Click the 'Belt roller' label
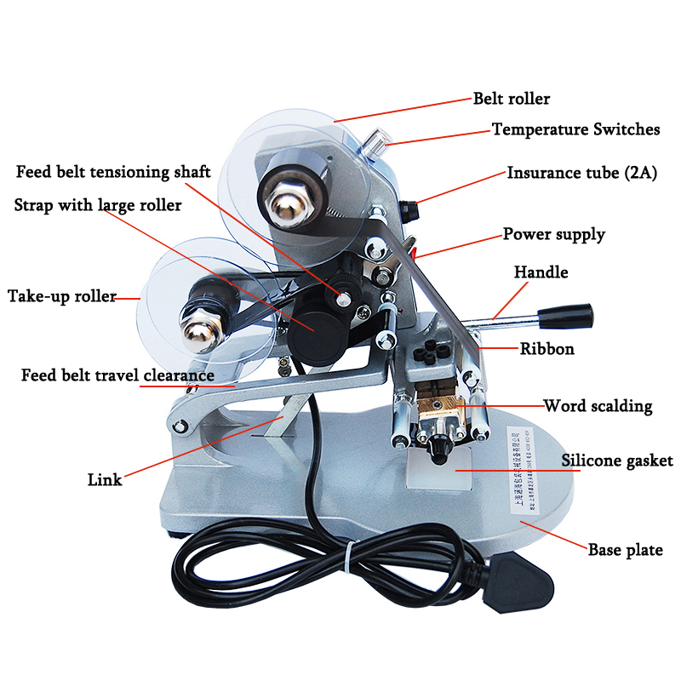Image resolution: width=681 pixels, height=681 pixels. click(512, 99)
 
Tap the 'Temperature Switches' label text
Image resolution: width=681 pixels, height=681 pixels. click(575, 129)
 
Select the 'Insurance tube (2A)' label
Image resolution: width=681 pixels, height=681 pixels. click(582, 173)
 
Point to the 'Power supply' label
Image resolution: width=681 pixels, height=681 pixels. click(554, 235)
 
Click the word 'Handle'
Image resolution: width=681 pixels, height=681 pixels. click(541, 272)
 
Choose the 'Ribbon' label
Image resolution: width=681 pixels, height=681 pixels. click(547, 348)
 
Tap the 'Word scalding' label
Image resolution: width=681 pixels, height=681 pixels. click(598, 407)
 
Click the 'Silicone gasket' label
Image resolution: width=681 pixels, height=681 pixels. click(616, 461)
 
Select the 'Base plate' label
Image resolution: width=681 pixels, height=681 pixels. click(626, 550)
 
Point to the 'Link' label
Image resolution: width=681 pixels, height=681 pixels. click(105, 479)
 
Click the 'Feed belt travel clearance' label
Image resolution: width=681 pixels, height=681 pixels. click(117, 375)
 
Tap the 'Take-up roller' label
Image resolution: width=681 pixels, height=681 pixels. click(62, 296)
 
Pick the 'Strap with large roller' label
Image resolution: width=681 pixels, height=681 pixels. click(98, 205)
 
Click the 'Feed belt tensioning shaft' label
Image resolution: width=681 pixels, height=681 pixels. click(113, 172)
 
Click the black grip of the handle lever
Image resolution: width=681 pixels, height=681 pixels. click(565, 317)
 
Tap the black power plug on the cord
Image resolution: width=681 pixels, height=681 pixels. click(518, 583)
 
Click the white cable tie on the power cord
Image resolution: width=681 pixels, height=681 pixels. click(350, 558)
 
